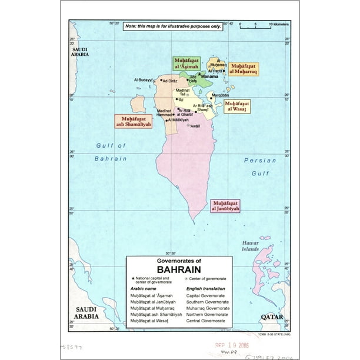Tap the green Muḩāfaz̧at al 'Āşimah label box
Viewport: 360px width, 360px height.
186,64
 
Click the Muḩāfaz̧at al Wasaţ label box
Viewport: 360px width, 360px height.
236,106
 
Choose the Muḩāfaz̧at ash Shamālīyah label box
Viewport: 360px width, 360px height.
133,121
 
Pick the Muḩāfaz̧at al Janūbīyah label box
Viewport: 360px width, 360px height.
225,205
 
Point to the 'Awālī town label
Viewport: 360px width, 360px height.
194,125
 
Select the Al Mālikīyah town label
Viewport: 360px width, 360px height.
181,120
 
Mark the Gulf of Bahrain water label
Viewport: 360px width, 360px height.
111,152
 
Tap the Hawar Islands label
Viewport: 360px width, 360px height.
251,246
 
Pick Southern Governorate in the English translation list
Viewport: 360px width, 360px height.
208,301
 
